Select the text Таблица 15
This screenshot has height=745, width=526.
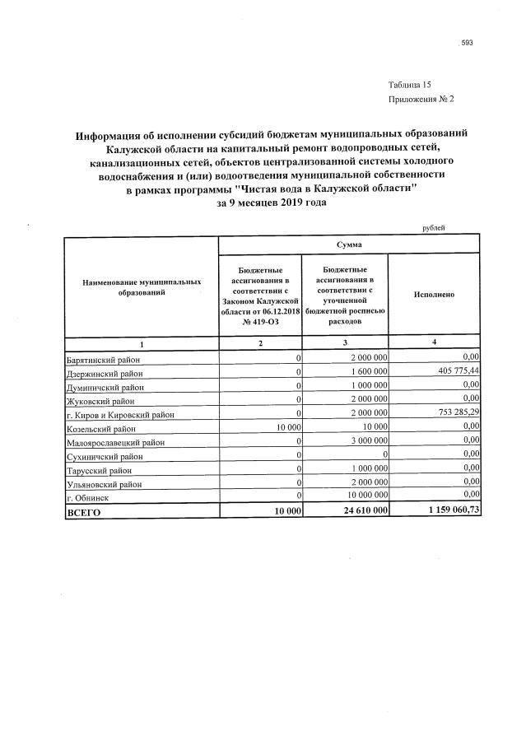coord(409,85)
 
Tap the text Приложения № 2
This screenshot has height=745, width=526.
coord(421,99)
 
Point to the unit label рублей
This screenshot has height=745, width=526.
coord(433,227)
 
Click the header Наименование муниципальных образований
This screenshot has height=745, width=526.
coord(142,286)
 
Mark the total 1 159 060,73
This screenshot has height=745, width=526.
coord(448,511)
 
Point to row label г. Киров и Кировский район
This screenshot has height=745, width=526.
coord(120,414)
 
